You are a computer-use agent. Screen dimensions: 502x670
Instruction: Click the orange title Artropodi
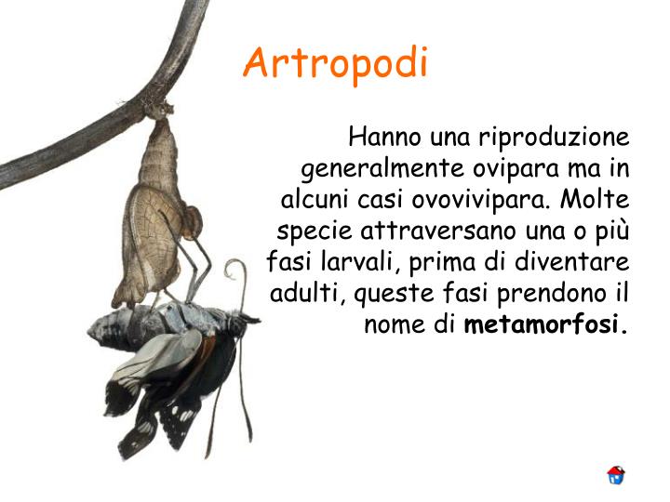click(336, 63)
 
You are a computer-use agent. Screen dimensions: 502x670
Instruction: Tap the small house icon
click(615, 475)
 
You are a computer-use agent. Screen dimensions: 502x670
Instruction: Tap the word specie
click(314, 231)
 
